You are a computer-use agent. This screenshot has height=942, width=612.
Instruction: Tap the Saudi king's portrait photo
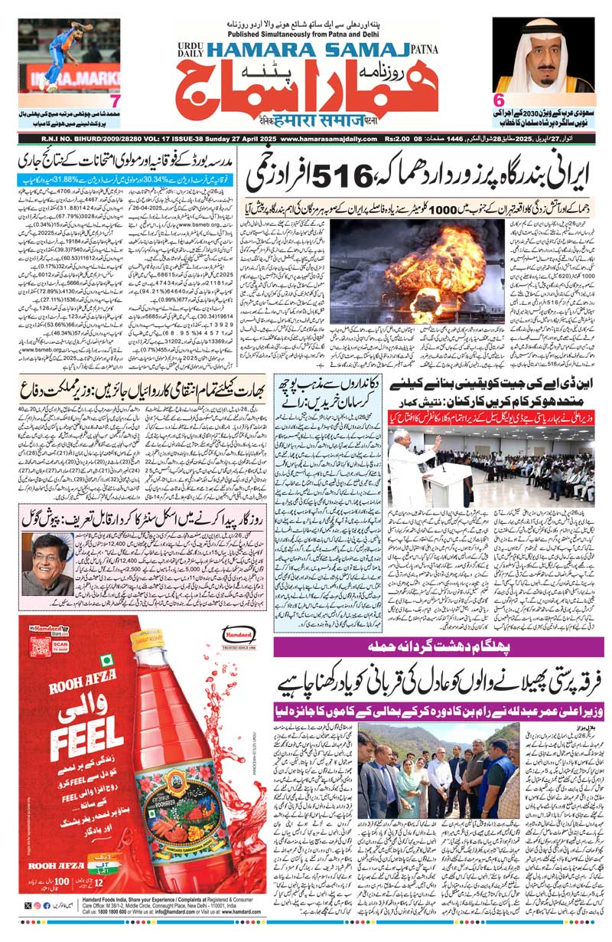click(x=543, y=55)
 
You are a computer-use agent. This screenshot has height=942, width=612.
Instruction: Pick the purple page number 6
click(x=500, y=100)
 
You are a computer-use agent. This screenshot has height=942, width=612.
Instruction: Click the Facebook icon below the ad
click(x=47, y=905)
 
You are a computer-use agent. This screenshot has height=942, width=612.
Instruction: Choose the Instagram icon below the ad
click(x=37, y=905)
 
